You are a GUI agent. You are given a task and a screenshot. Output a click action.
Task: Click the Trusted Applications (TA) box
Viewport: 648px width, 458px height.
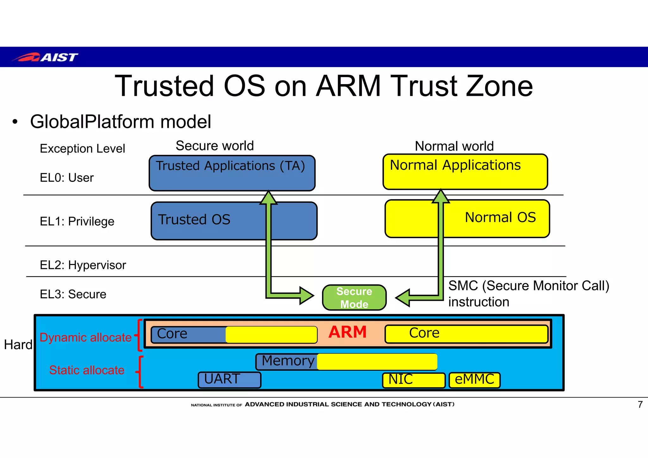click(x=232, y=173)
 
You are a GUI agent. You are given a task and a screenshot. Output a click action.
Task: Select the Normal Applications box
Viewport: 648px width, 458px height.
click(x=465, y=172)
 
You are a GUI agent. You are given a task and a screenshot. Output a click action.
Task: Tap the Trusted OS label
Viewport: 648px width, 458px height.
click(x=194, y=220)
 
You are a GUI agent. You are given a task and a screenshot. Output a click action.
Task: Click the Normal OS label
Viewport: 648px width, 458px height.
click(x=500, y=218)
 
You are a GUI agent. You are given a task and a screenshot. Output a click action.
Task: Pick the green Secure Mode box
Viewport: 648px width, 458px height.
click(x=354, y=297)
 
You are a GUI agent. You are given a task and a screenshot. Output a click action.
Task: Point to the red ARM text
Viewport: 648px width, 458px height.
click(x=347, y=332)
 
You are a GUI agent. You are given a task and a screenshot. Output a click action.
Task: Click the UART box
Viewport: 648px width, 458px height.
click(x=229, y=380)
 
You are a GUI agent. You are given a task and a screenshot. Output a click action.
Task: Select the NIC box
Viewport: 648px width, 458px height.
click(x=413, y=380)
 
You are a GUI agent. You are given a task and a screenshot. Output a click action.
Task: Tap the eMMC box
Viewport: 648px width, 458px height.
click(x=474, y=380)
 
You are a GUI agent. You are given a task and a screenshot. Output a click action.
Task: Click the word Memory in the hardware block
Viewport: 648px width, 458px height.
click(x=288, y=361)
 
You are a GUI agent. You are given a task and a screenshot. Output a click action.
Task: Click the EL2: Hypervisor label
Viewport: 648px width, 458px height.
click(x=83, y=265)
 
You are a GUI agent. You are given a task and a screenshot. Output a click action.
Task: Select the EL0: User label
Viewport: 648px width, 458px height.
click(x=67, y=178)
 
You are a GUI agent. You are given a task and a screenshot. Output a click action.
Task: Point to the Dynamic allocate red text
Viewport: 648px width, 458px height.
click(x=85, y=337)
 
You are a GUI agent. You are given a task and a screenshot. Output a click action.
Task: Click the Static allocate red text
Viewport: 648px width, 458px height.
click(x=87, y=370)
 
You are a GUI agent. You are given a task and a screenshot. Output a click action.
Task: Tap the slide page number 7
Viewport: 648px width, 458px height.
click(x=640, y=405)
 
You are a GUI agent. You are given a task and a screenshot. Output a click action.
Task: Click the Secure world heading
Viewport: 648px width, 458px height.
click(x=215, y=146)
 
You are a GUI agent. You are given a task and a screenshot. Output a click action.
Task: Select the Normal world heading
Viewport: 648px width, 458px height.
click(x=454, y=146)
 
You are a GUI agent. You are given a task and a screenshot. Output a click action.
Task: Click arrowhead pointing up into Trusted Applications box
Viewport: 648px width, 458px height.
click(x=268, y=198)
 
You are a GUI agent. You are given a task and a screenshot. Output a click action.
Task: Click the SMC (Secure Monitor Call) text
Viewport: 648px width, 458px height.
click(x=528, y=286)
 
